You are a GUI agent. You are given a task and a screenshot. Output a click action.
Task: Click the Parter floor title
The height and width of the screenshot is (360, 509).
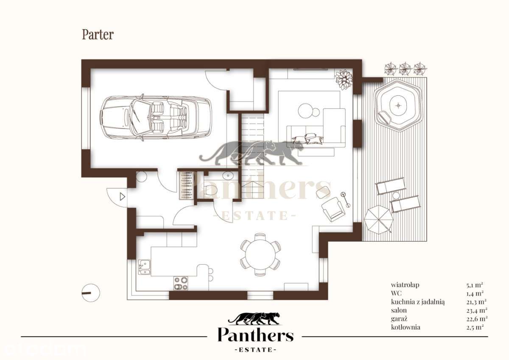pos(98,35)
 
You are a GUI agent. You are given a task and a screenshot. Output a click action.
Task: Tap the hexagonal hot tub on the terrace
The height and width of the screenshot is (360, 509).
pos(398,105)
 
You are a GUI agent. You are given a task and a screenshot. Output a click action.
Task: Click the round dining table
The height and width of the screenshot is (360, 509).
pos(260,254)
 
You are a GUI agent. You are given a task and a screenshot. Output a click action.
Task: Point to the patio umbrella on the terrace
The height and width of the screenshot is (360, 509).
pos(378,219)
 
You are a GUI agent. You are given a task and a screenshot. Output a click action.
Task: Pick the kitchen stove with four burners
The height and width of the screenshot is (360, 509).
pos(181,283)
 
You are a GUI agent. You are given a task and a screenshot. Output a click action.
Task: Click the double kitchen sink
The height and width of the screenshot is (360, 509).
pos(144,267)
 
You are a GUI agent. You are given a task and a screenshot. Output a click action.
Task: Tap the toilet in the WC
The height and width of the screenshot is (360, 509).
pos(209,190)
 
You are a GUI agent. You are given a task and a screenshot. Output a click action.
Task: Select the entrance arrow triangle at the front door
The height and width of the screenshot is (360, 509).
pos(122,196)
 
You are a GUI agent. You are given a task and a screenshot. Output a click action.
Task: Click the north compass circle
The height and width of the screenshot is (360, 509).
pos(91,293)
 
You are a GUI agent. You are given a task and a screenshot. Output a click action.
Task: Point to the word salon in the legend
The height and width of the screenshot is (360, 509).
pos(399,310)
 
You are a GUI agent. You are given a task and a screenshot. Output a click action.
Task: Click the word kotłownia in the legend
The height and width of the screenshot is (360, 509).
pos(406,327)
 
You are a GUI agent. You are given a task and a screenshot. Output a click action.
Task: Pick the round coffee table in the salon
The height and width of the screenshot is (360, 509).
pos(305,111)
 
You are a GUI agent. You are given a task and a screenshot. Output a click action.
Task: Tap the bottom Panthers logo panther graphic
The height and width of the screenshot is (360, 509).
pos(254,319)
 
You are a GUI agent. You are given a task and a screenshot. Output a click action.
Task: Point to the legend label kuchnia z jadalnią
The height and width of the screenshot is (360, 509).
pos(418,302)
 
